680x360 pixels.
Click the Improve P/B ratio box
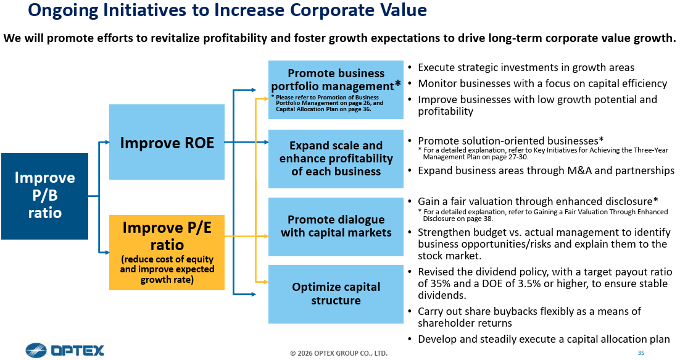click(x=44, y=196)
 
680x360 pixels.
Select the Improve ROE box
click(x=167, y=142)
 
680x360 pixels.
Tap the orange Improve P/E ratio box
click(x=167, y=252)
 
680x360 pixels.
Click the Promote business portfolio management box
click(x=336, y=90)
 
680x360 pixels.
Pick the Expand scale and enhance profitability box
click(x=336, y=159)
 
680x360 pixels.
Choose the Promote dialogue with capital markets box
click(x=336, y=227)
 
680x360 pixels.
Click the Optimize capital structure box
click(x=336, y=294)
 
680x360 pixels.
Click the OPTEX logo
click(x=65, y=350)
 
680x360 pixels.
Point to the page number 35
click(x=641, y=353)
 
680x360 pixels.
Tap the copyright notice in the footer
click(x=339, y=353)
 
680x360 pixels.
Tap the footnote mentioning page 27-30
click(x=543, y=154)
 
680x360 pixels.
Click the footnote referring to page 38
click(x=543, y=215)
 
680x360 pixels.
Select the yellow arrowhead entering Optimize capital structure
click(x=265, y=282)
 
